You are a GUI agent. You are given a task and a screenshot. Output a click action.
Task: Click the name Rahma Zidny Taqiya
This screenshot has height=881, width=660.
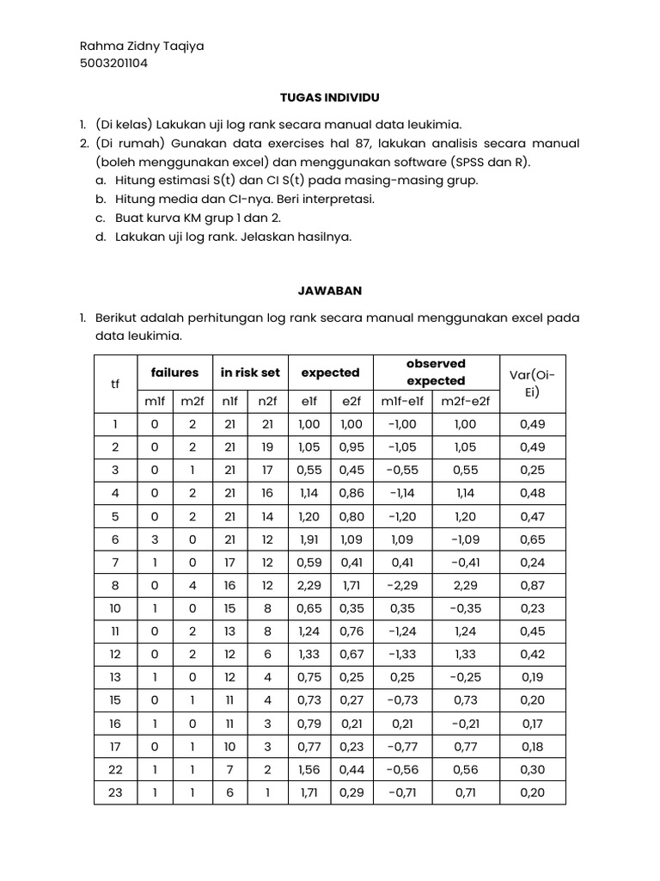click(x=142, y=46)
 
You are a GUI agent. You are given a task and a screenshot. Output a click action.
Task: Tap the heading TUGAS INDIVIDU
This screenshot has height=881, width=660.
click(x=329, y=98)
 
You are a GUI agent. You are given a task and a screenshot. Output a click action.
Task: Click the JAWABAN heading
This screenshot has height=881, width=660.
click(x=329, y=292)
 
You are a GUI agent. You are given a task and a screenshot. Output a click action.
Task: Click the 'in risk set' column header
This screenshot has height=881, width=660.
click(x=250, y=373)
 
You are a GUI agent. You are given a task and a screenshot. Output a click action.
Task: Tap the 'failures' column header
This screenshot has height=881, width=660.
click(x=174, y=373)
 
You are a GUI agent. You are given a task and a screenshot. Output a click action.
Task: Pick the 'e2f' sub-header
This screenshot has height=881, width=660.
click(x=351, y=401)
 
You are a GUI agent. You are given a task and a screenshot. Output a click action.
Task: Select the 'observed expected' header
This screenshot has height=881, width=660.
click(x=436, y=373)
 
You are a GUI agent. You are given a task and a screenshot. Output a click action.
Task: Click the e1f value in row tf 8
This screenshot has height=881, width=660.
click(x=309, y=587)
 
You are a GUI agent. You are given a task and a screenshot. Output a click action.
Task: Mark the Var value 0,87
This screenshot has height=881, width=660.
click(x=532, y=587)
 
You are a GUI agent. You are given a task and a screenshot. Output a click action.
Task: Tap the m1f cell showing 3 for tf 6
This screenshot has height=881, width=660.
click(x=155, y=540)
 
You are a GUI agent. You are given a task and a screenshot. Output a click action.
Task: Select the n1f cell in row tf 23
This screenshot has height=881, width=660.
click(x=229, y=792)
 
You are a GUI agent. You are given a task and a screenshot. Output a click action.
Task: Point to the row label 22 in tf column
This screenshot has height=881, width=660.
click(x=115, y=769)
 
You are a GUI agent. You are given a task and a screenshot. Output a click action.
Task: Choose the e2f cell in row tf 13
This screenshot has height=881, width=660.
click(x=351, y=676)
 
